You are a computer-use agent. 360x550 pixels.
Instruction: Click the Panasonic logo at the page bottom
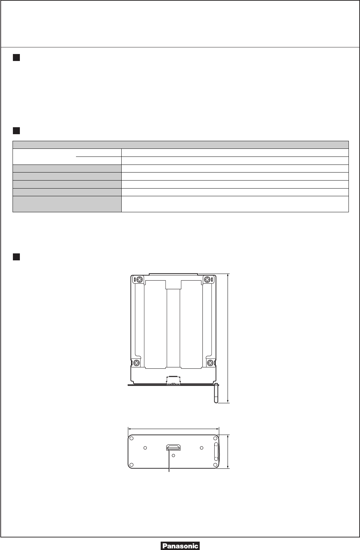[x=180, y=545]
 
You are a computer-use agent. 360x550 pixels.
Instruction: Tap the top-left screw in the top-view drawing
[x=140, y=280]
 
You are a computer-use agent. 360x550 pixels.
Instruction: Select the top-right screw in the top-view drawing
[x=207, y=280]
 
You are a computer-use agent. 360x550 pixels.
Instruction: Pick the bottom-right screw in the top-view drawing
[x=210, y=362]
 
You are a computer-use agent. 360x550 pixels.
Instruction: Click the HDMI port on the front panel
[x=173, y=448]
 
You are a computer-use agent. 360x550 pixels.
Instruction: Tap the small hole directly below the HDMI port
[x=173, y=456]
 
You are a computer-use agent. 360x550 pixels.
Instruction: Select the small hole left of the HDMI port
[x=145, y=448]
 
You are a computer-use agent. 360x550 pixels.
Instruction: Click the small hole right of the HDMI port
[x=202, y=448]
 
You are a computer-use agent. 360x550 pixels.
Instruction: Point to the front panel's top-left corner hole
[x=131, y=438]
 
